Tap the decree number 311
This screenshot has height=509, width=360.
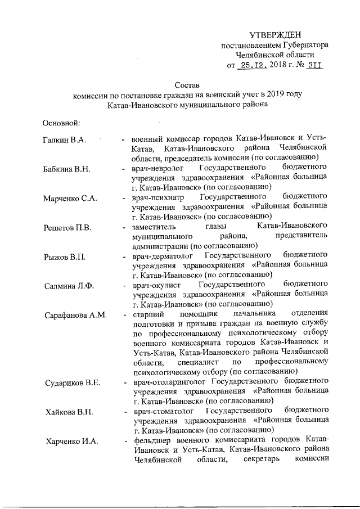point(317,66)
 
